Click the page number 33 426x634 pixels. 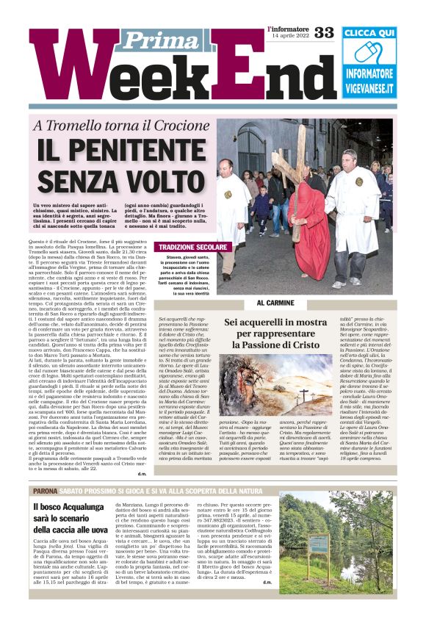324,33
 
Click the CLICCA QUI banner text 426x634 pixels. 369,33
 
